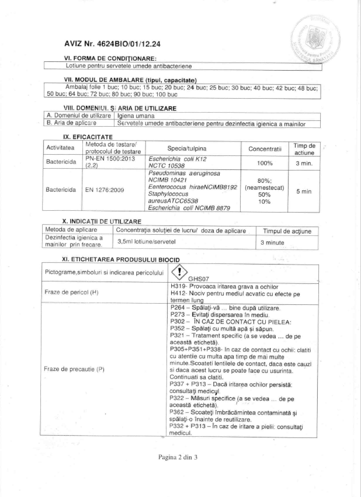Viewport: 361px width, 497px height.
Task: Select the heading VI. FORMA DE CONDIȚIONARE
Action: coord(110,59)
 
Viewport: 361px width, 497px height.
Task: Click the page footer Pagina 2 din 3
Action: coord(179,457)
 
